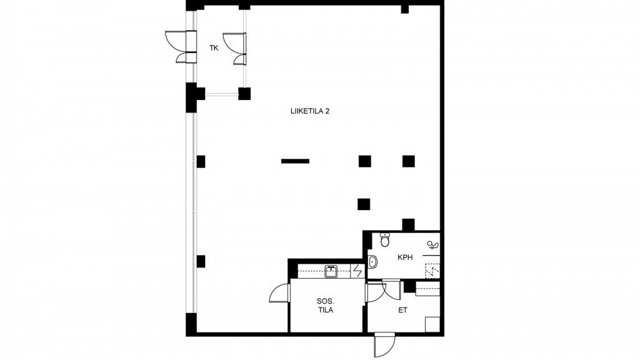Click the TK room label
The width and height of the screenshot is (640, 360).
(214, 48)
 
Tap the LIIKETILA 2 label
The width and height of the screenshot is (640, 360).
(310, 111)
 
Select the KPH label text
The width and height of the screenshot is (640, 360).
(405, 257)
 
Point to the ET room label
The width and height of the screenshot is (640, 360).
(402, 310)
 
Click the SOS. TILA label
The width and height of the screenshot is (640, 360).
(325, 306)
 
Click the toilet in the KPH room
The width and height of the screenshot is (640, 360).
(385, 239)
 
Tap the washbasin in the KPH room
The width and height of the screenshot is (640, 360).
(372, 261)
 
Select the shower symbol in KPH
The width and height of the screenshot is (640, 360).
(433, 245)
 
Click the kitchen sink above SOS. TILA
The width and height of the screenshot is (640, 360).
(331, 271)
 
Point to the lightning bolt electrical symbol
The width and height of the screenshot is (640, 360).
(357, 271)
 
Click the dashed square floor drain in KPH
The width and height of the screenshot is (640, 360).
(432, 271)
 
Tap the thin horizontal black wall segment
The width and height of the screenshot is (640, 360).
(295, 161)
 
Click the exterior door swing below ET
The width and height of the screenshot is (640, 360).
(385, 345)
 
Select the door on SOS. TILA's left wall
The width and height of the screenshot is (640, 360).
(280, 293)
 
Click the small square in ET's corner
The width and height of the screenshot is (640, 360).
(432, 324)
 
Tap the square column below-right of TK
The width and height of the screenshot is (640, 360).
(244, 94)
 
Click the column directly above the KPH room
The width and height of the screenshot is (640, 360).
(408, 225)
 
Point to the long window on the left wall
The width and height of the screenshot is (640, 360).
(191, 212)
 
